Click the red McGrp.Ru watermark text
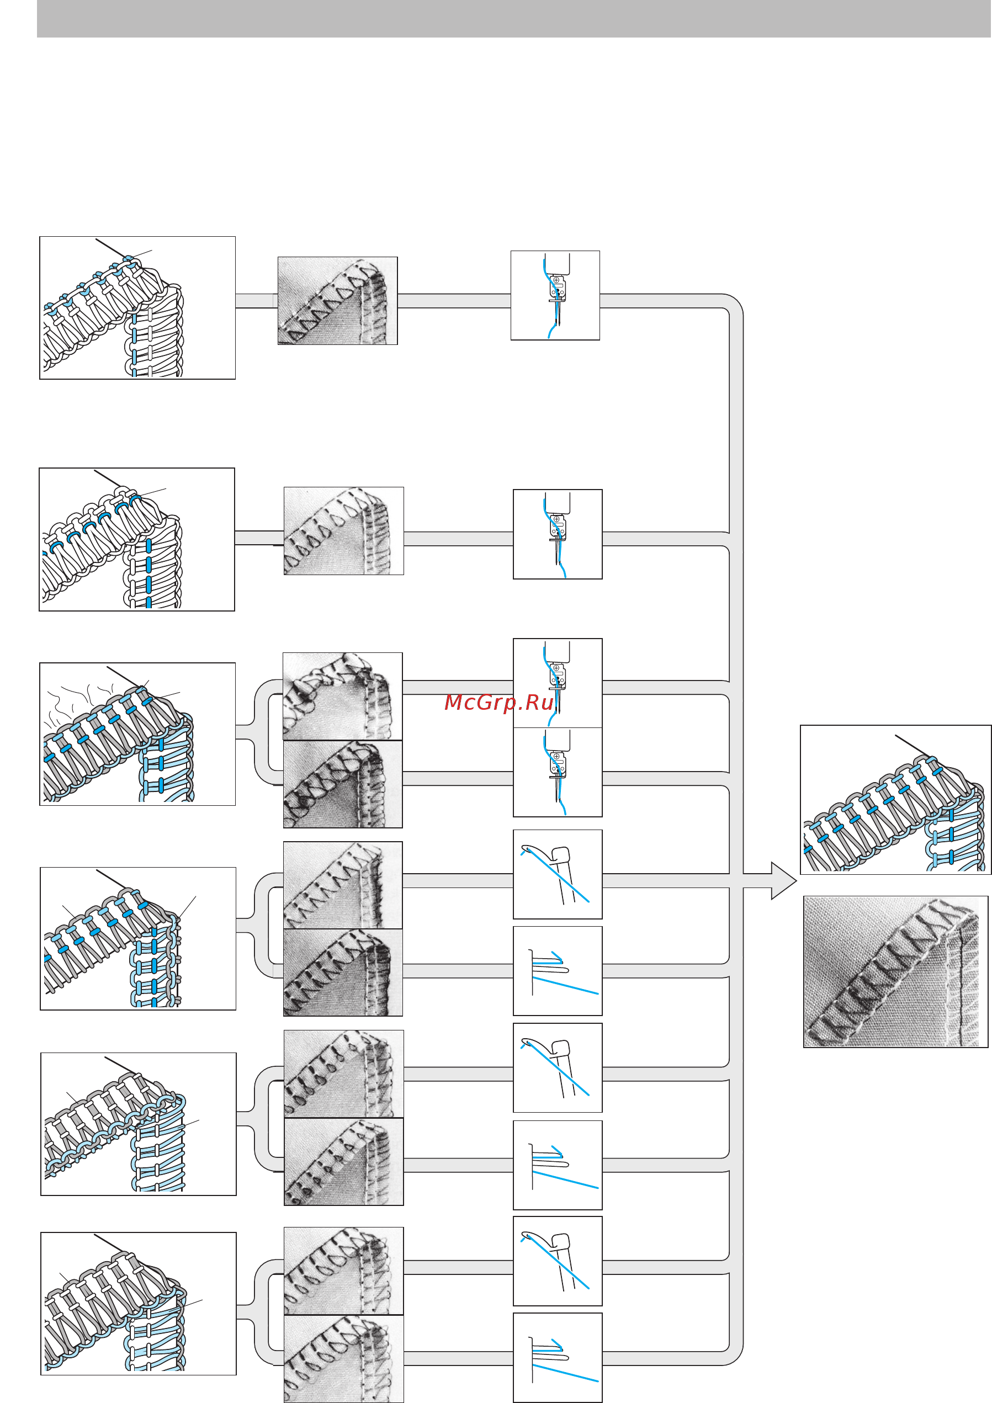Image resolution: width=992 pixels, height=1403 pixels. click(x=498, y=703)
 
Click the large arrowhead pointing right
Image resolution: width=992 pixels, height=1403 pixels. click(x=783, y=880)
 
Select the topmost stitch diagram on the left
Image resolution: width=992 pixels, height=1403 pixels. click(x=137, y=308)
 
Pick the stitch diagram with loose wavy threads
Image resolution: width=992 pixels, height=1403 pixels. click(x=137, y=734)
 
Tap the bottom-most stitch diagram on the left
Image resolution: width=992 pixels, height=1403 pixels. click(x=138, y=1304)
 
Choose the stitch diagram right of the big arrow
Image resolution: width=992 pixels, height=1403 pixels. click(x=895, y=800)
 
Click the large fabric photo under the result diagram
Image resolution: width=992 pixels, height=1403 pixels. click(x=895, y=971)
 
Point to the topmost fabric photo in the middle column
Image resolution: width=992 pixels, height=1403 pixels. click(x=337, y=301)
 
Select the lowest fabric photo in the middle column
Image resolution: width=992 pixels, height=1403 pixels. click(x=343, y=1358)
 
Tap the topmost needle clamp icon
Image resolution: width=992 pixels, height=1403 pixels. click(x=555, y=295)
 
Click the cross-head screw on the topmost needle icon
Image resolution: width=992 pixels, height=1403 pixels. click(x=556, y=280)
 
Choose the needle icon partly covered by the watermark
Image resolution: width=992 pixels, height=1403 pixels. click(x=558, y=683)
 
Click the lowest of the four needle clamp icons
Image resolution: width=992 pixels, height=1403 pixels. click(x=558, y=772)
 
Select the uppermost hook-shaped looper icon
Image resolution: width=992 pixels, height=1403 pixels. click(x=558, y=874)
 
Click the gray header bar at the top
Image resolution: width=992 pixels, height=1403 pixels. click(x=513, y=18)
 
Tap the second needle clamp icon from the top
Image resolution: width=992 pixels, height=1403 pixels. click(x=558, y=534)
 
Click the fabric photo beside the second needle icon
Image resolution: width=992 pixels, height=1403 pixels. click(x=343, y=531)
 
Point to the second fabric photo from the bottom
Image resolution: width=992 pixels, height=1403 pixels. click(x=343, y=1271)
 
